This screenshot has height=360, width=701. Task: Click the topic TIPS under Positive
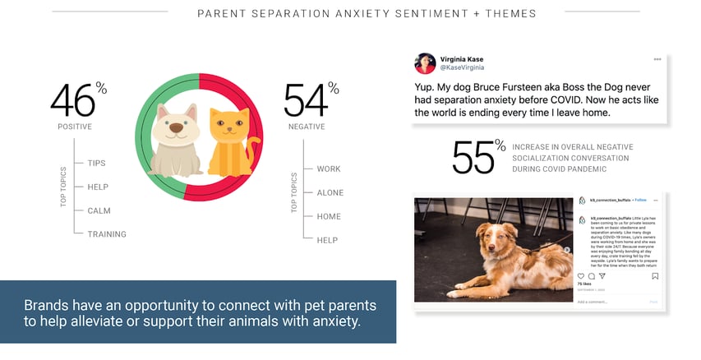(97, 163)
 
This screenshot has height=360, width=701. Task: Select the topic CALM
(99, 210)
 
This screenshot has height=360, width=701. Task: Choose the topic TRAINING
(107, 234)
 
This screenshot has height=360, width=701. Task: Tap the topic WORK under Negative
(329, 168)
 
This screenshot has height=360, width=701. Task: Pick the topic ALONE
(330, 192)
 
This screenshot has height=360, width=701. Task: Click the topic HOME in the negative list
(329, 216)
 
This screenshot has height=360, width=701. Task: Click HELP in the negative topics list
(327, 240)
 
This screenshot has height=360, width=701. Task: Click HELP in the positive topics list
(98, 187)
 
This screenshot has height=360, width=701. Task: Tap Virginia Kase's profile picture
(425, 65)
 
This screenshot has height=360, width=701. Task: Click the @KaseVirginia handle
(462, 70)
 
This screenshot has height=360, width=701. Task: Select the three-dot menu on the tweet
(657, 60)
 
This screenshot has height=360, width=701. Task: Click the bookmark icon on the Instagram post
(655, 276)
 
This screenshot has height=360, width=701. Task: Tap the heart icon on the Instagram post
(581, 276)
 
